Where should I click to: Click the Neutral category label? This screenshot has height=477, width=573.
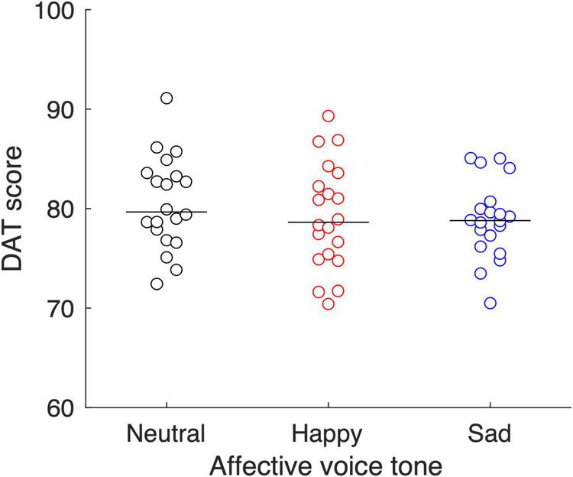tap(167, 434)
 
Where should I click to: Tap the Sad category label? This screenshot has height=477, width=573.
tap(490, 434)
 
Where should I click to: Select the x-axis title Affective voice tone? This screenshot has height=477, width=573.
tap(328, 463)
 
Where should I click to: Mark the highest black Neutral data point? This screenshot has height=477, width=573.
tap(167, 98)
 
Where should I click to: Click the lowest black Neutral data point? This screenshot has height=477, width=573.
tap(157, 284)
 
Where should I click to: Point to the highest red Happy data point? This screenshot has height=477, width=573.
tap(329, 116)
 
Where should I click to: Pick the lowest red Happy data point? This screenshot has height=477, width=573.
tap(329, 304)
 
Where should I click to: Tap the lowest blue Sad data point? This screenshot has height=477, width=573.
tap(490, 303)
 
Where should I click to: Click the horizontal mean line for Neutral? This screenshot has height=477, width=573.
tap(167, 212)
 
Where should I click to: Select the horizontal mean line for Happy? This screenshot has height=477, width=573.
tap(328, 222)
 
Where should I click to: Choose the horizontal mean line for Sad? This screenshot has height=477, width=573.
tap(490, 220)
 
